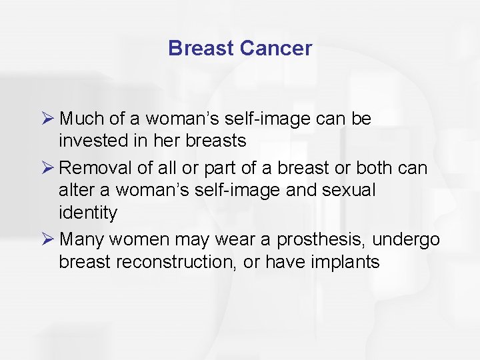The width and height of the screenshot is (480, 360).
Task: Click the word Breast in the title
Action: pos(201,48)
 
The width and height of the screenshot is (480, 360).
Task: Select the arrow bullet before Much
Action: pos(47,119)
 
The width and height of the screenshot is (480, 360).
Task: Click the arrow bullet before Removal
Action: pos(47,167)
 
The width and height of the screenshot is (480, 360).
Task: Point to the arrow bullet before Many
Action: pos(47,239)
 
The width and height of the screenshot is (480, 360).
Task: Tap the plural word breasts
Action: pos(216,141)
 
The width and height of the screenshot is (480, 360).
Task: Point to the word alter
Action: pos(75,190)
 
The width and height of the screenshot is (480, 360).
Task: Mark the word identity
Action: pos(87,213)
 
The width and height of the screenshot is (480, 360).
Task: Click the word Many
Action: pos(81,239)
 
